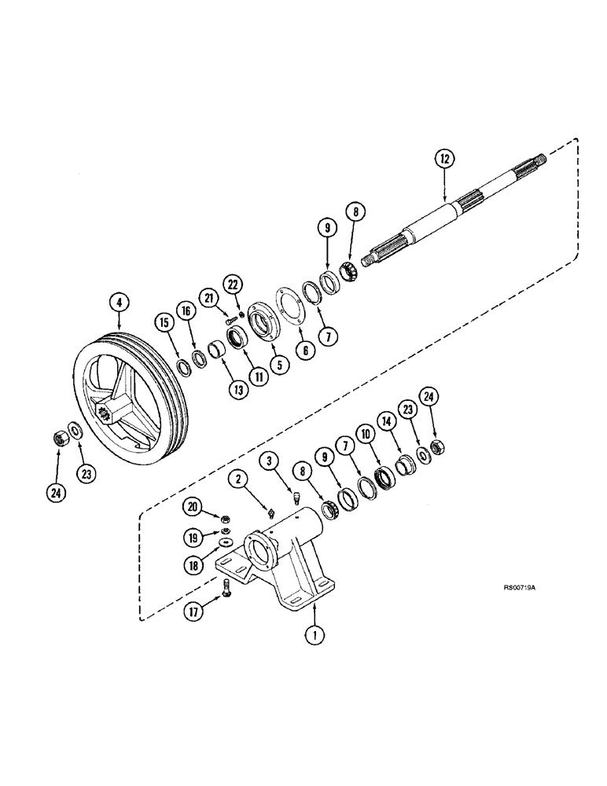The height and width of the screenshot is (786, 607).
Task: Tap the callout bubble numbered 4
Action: click(118, 300)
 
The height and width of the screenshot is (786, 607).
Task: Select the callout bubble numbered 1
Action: click(315, 635)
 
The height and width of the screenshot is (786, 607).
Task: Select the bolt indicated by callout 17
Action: click(226, 586)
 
